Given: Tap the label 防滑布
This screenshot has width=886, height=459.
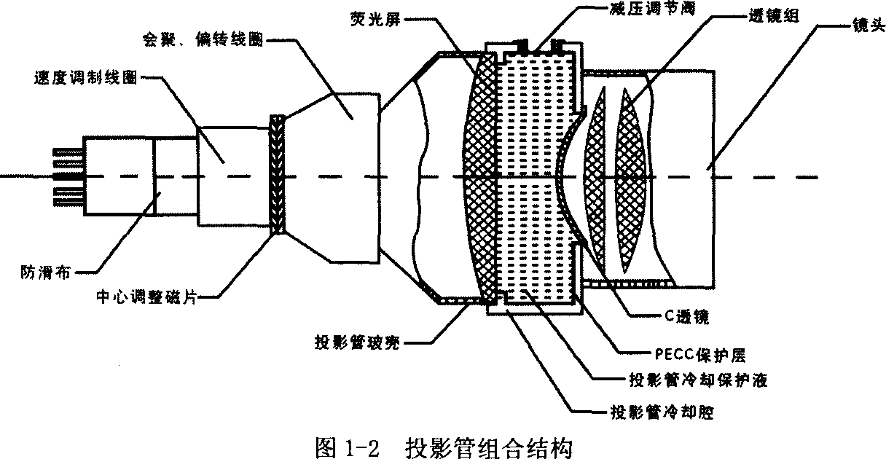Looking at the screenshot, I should click(x=44, y=275).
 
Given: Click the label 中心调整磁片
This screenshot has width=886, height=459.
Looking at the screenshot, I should click(x=146, y=297).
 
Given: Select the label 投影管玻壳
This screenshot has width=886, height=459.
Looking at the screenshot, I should click(x=358, y=342).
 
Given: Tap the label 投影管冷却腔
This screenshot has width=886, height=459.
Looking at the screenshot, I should click(x=659, y=412).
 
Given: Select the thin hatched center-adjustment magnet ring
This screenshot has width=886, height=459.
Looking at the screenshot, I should click(x=277, y=175).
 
